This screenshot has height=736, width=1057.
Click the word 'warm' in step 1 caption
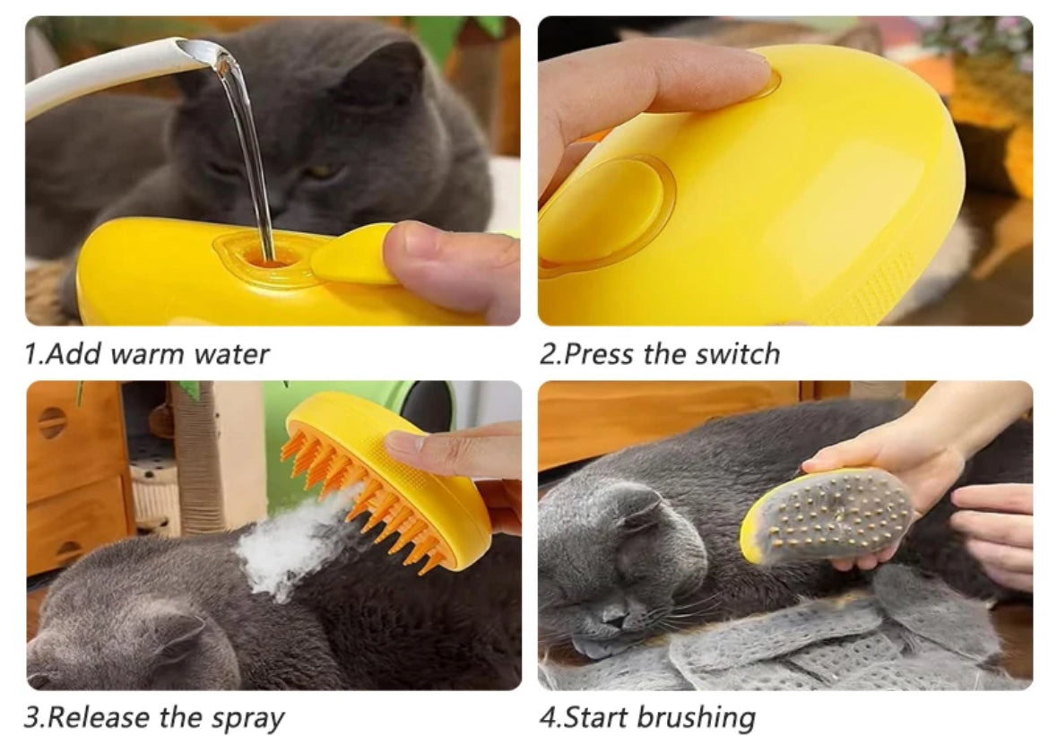pos(156,354)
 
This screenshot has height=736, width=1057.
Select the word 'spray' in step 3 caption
pos(248,719)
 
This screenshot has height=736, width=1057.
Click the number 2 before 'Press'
pos(548,354)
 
